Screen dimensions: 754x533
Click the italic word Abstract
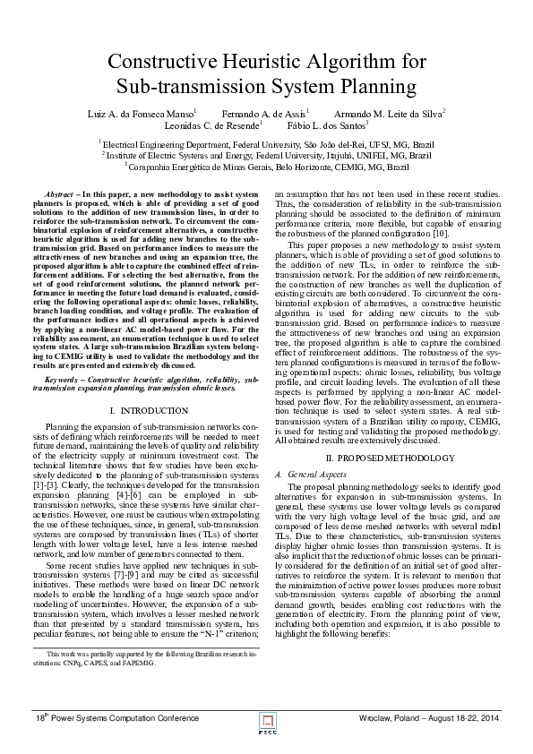(x=58, y=194)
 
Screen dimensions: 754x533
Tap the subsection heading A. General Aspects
(x=309, y=472)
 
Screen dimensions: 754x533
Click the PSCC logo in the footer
(x=266, y=720)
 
